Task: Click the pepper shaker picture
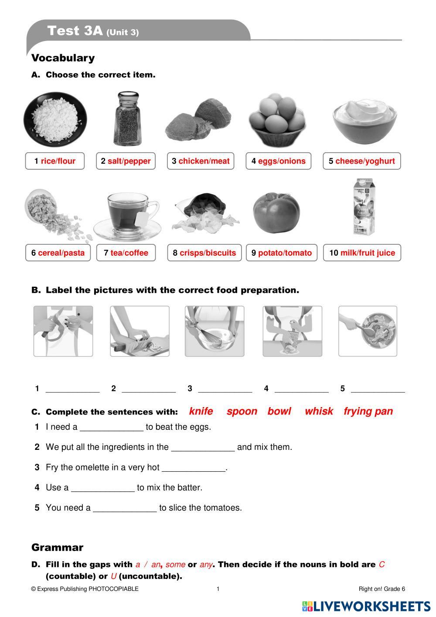pyautogui.click(x=128, y=119)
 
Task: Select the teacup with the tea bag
pyautogui.click(x=127, y=214)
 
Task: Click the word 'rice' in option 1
pyautogui.click(x=48, y=161)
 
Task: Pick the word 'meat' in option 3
pyautogui.click(x=220, y=161)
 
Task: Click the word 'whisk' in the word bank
pyautogui.click(x=319, y=411)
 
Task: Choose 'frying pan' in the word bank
pyautogui.click(x=368, y=411)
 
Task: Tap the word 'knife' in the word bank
pyautogui.click(x=201, y=411)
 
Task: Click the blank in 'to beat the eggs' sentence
pyautogui.click(x=112, y=428)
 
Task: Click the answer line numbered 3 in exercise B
pyautogui.click(x=225, y=389)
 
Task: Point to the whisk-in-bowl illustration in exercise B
pyautogui.click(x=215, y=331)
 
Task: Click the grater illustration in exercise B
pyautogui.click(x=292, y=331)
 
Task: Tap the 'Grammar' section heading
pyautogui.click(x=57, y=547)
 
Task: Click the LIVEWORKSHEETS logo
pyautogui.click(x=366, y=606)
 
